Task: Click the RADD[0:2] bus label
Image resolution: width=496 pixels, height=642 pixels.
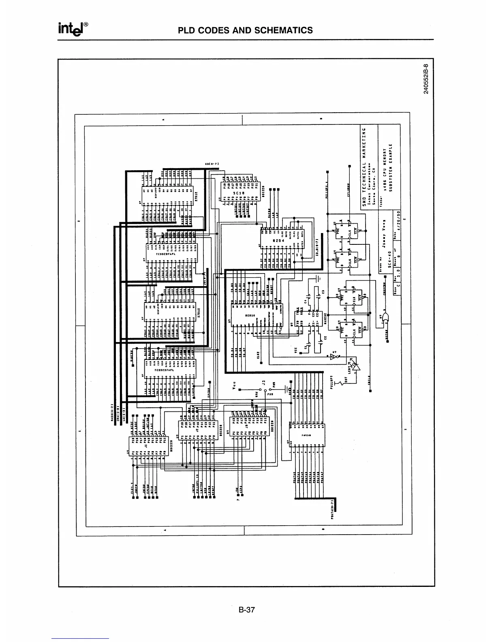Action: tap(111, 413)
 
